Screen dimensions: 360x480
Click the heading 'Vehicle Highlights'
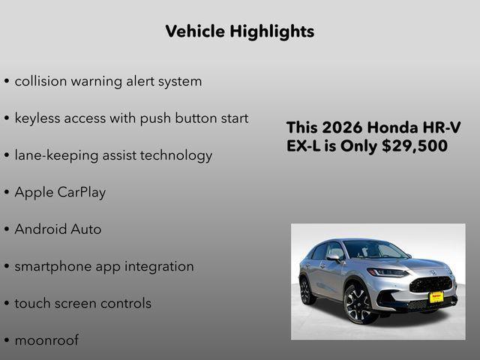(239, 31)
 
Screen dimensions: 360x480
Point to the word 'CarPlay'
(81, 192)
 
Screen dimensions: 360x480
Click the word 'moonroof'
(46, 340)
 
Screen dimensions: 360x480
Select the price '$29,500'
(415, 145)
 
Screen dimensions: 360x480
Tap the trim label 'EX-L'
(303, 145)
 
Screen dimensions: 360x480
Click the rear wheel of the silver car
(307, 290)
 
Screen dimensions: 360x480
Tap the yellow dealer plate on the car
(436, 297)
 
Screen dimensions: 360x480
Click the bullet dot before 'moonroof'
(7, 340)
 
